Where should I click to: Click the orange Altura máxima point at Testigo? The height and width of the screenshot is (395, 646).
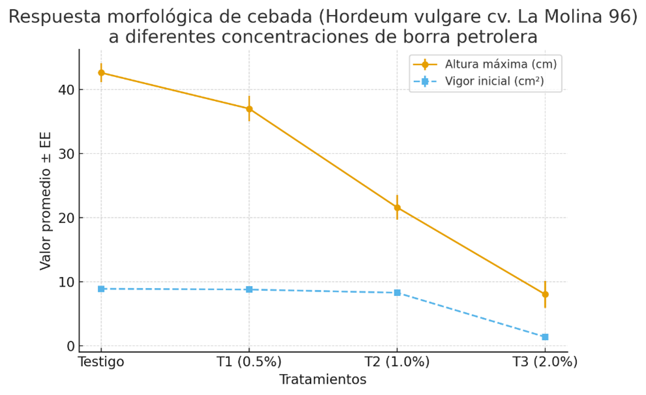tap(101, 73)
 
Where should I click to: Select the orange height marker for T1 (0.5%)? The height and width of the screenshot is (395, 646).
tap(249, 109)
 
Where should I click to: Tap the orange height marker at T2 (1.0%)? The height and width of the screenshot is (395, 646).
tap(397, 208)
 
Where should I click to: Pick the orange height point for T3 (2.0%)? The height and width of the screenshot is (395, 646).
tap(545, 295)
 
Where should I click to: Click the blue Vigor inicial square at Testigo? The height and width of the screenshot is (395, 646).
tap(101, 289)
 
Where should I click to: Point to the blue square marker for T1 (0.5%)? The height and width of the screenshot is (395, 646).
tap(249, 289)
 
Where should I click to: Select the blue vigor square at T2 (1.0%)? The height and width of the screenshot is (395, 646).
tap(397, 293)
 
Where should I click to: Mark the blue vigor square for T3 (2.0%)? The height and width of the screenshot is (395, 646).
tap(545, 337)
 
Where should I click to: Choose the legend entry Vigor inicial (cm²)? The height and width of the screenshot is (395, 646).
tap(494, 81)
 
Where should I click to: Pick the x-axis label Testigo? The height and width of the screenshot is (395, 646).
tap(101, 362)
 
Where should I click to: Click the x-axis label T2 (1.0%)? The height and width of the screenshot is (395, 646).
tap(397, 362)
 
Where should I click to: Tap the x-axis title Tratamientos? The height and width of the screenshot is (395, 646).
tap(323, 379)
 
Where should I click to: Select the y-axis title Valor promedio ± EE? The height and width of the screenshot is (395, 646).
tap(46, 201)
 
